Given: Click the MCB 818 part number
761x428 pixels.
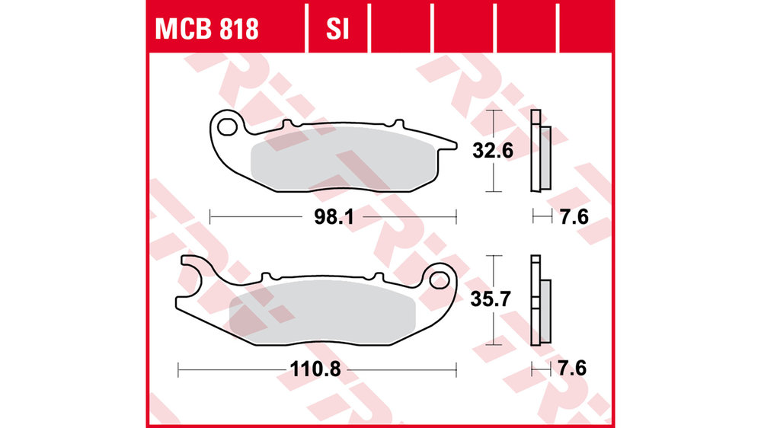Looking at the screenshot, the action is (206, 29).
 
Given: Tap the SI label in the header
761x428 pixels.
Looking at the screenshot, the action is (337, 29).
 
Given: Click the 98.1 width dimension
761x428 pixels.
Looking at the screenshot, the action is (334, 217).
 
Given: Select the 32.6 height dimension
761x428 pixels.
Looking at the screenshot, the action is (493, 151).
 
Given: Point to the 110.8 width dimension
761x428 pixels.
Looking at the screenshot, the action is (315, 369).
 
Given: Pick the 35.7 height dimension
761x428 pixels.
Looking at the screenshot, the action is (490, 299).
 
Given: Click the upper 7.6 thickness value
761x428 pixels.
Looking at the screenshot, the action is (574, 216).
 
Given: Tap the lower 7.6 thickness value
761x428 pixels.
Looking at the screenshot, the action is (572, 369).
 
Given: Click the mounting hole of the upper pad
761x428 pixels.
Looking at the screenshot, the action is (226, 127).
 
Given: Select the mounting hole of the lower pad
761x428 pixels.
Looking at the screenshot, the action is (440, 280).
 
